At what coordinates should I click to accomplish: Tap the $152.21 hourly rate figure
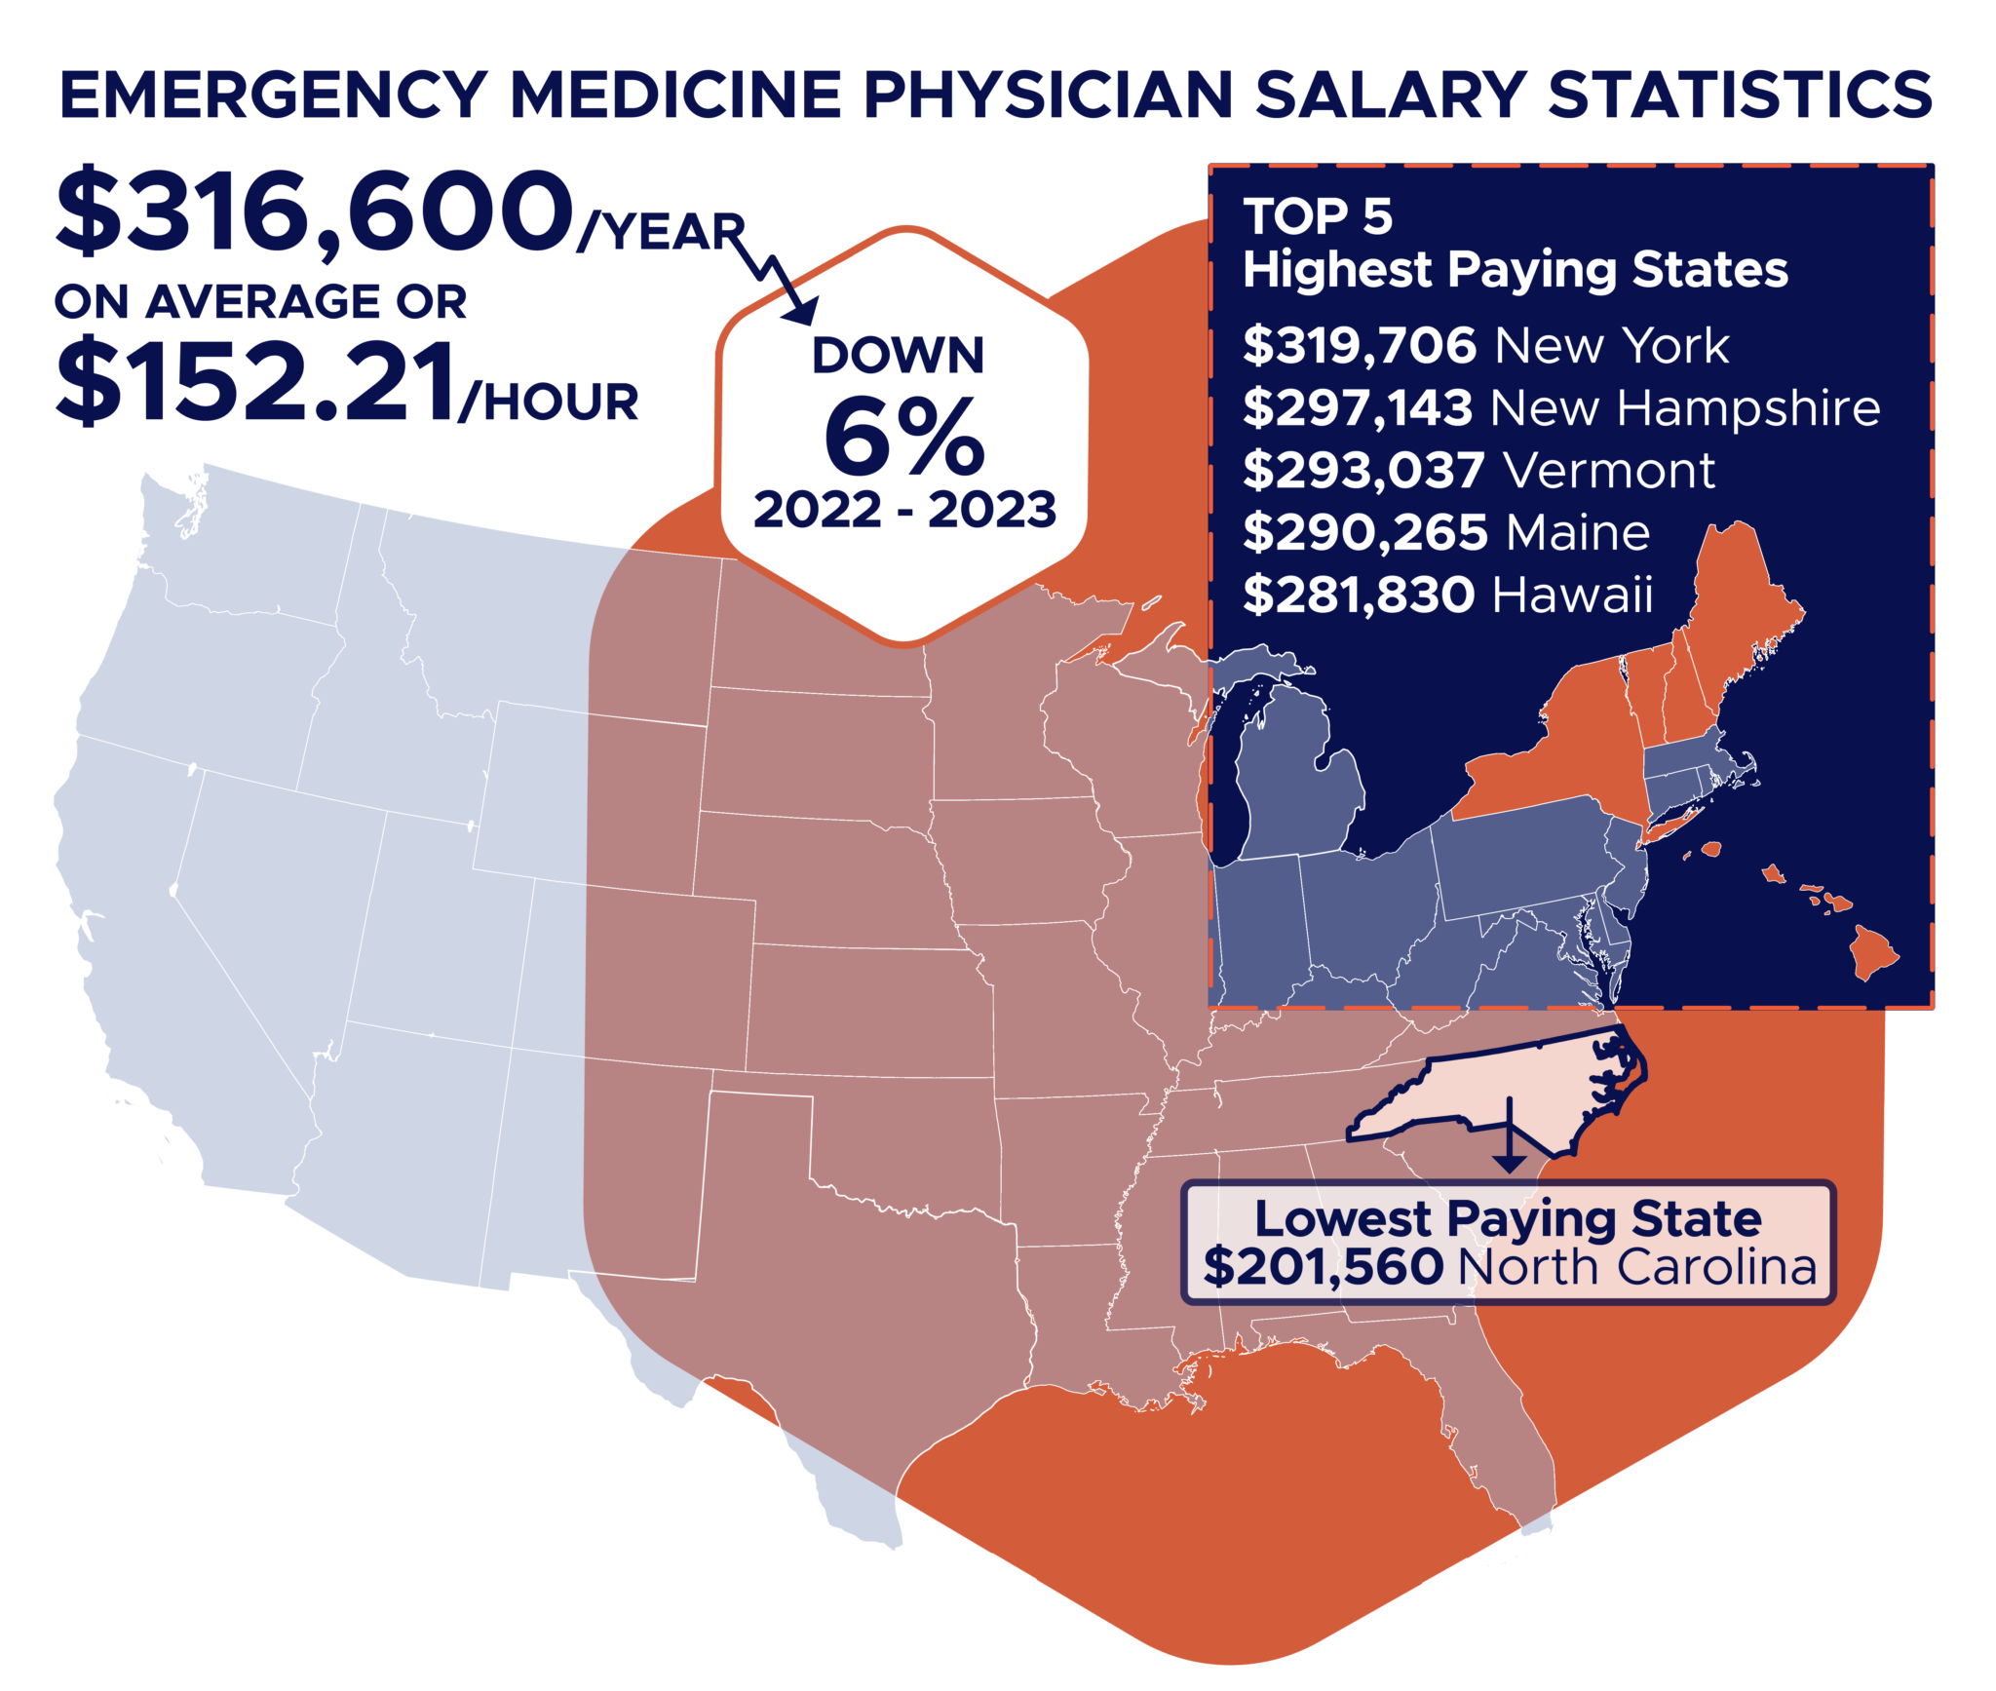[255, 382]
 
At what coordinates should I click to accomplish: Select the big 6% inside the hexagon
[903, 438]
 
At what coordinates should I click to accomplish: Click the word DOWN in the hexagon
[898, 355]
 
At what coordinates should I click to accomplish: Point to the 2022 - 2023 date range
[903, 510]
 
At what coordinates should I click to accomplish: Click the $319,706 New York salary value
[1360, 346]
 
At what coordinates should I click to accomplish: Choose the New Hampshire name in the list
[1685, 408]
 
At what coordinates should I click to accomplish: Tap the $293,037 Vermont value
[1363, 471]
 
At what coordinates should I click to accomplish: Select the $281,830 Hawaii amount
[1359, 596]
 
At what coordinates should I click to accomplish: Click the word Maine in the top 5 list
[1578, 533]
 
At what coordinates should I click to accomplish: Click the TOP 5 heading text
[1318, 216]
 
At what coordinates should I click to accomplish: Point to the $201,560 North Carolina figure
[1323, 1267]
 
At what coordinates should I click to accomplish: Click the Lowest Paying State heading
[1507, 1218]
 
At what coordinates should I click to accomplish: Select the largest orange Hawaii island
[1872, 950]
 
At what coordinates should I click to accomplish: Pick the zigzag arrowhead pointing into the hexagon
[804, 312]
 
